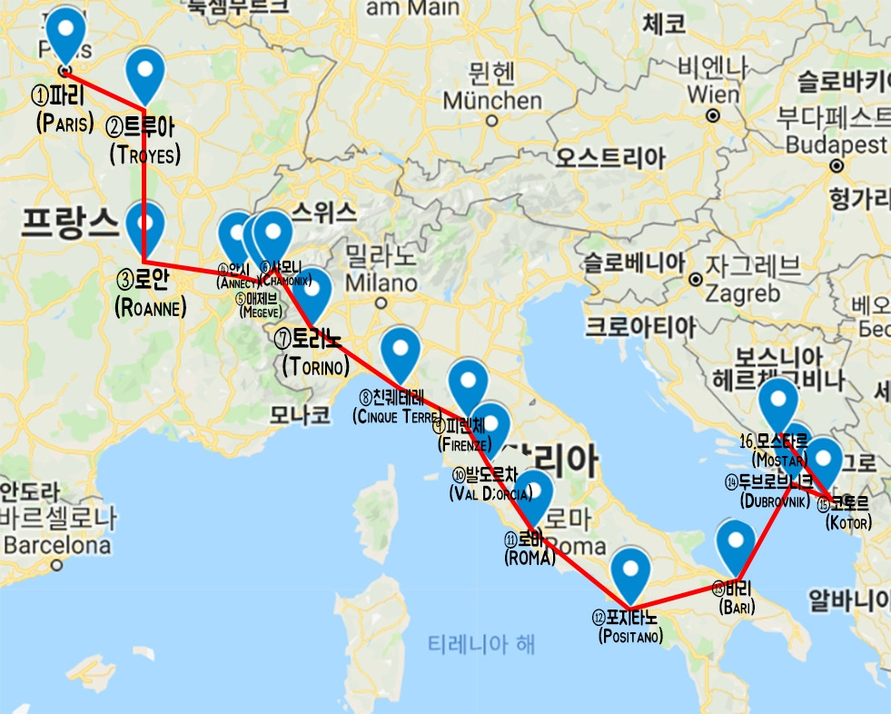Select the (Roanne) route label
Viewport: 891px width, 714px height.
coord(151,308)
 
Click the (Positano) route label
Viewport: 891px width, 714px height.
coord(630,636)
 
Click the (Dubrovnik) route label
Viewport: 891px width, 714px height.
coord(774,501)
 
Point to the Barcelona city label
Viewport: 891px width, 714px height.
coord(56,546)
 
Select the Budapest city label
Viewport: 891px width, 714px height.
coord(836,144)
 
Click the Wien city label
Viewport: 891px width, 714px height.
coord(713,94)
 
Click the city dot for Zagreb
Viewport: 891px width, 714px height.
coord(695,279)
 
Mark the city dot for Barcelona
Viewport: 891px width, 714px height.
coord(56,564)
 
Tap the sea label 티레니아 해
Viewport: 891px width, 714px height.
coord(481,645)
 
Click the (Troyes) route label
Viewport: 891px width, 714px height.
coord(144,154)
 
